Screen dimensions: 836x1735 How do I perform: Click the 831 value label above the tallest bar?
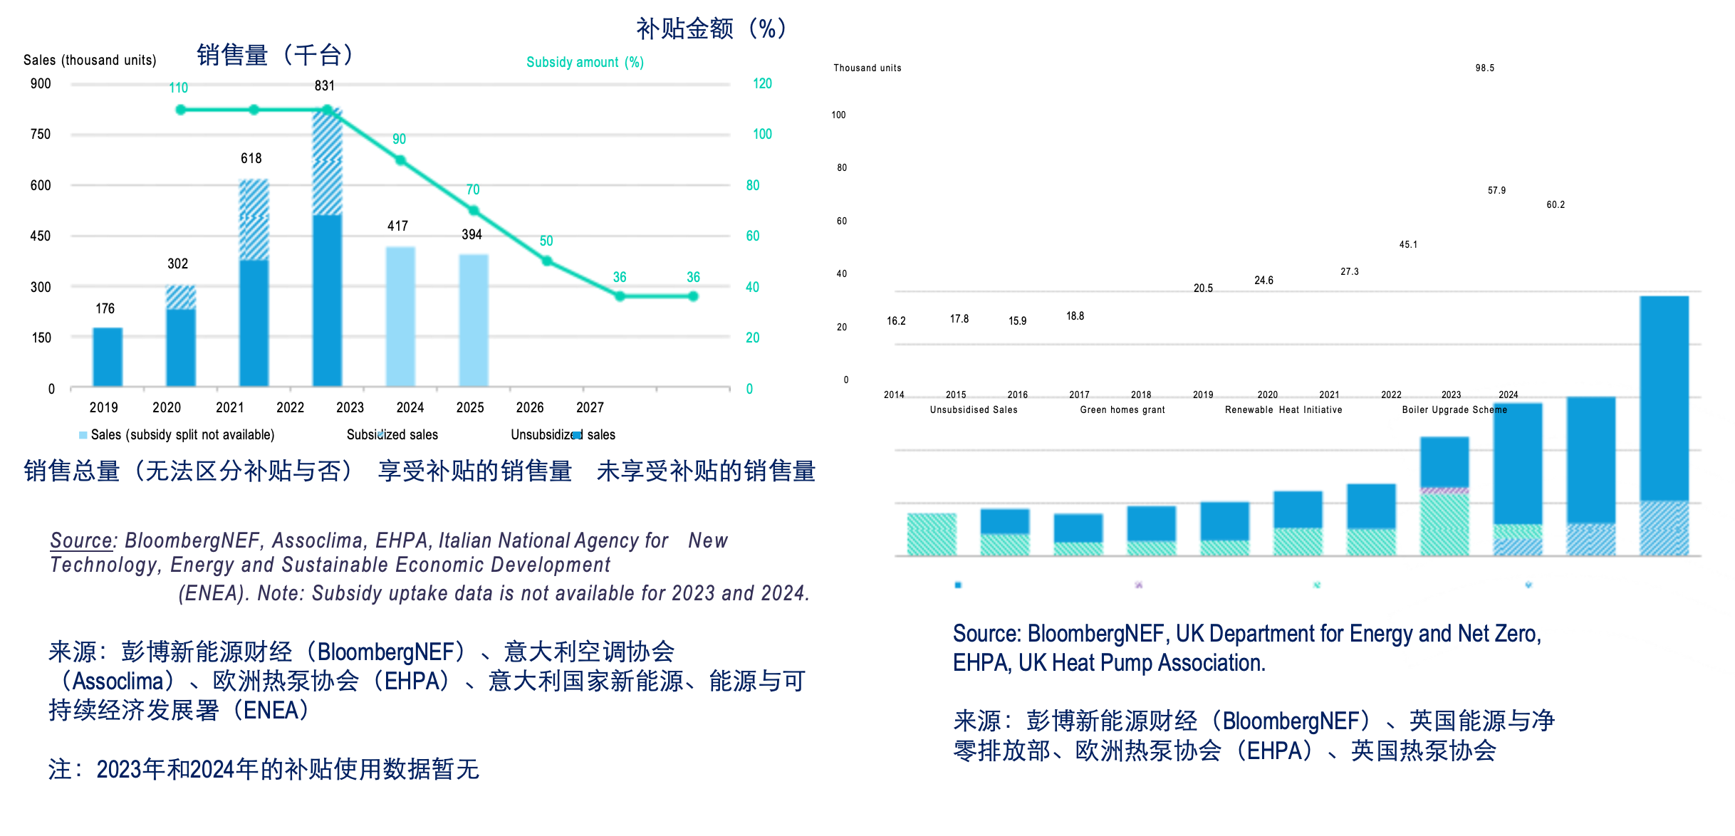pyautogui.click(x=325, y=86)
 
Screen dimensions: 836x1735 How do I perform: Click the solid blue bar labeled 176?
pyautogui.click(x=108, y=357)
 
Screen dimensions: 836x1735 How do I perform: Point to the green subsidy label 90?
pyautogui.click(x=400, y=140)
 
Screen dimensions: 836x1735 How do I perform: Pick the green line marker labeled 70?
pyautogui.click(x=474, y=211)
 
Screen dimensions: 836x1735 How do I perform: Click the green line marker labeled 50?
pyautogui.click(x=547, y=261)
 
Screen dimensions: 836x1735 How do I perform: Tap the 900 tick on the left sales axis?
pyautogui.click(x=41, y=84)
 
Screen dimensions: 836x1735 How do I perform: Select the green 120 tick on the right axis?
pyautogui.click(x=762, y=84)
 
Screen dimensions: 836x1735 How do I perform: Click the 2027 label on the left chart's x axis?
pyautogui.click(x=590, y=407)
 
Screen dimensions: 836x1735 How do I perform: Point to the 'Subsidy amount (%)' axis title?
pyautogui.click(x=585, y=63)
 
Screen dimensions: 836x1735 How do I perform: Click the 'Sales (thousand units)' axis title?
pyautogui.click(x=90, y=61)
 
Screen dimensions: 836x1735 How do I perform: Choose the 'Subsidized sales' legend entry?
pyautogui.click(x=392, y=434)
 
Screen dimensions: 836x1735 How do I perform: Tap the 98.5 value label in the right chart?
pyautogui.click(x=1484, y=68)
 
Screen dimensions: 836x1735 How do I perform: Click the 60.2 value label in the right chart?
pyautogui.click(x=1555, y=205)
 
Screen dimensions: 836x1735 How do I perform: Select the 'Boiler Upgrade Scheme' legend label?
pyautogui.click(x=1454, y=410)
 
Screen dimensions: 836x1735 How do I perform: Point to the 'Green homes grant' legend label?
pyautogui.click(x=1122, y=410)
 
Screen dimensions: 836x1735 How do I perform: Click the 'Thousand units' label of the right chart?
pyautogui.click(x=867, y=68)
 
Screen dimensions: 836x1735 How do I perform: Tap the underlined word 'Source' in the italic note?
pyautogui.click(x=81, y=541)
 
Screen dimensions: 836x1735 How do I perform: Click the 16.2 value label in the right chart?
pyautogui.click(x=896, y=321)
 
